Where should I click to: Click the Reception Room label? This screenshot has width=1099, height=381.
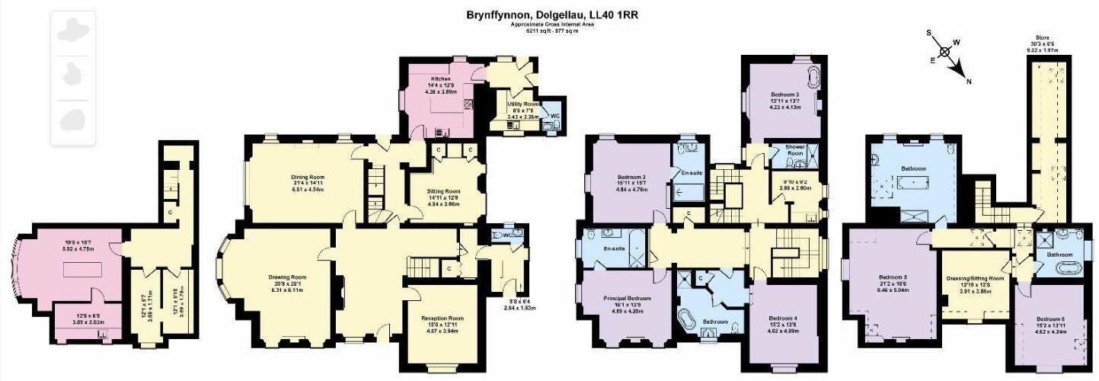[x=442, y=319]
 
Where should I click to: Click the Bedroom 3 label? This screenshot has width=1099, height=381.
[x=783, y=93]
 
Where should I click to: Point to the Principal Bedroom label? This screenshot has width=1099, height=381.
[x=627, y=297]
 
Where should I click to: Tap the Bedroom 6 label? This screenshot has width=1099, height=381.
[x=1049, y=319]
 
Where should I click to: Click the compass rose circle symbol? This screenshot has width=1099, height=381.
[x=944, y=52]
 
